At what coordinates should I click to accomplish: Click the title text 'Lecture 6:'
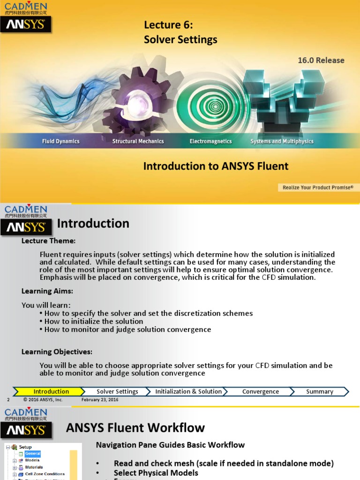168,25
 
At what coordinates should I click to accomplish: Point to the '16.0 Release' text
321,60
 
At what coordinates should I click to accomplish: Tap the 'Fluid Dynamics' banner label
61,141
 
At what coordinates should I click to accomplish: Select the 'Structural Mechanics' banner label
138,141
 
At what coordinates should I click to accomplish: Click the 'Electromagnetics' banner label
210,141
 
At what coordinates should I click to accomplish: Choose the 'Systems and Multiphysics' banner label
282,141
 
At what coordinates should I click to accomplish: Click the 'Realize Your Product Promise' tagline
318,187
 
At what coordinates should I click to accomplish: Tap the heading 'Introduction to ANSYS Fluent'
216,166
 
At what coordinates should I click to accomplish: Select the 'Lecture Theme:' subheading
48,241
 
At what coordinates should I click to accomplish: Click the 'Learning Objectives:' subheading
57,352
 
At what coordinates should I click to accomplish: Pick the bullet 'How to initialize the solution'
94,321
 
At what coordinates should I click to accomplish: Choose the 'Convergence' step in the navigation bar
260,391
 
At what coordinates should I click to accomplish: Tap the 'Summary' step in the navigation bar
319,391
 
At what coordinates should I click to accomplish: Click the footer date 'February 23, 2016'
100,400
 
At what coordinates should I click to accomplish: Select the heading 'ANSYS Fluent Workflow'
135,427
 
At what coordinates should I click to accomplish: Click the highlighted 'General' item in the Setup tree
33,454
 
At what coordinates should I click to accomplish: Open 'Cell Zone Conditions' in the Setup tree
45,474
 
